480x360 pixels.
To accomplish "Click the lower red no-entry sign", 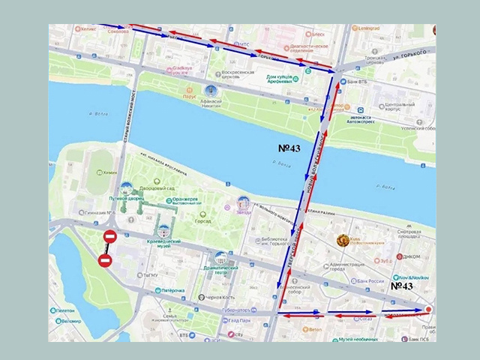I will [x=105, y=261].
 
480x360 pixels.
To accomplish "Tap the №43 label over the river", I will [x=289, y=148].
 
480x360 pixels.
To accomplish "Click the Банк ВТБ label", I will [x=357, y=82].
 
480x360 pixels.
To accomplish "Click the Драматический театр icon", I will [x=220, y=258].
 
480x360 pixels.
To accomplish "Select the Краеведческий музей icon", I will [x=164, y=231].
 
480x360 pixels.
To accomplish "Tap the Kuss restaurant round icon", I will [x=343, y=241].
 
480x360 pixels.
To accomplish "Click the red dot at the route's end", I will [x=428, y=310].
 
